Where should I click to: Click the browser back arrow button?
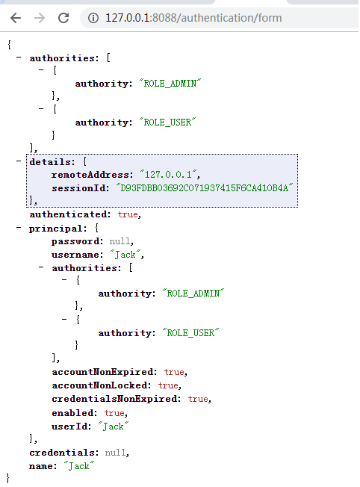pos(16,17)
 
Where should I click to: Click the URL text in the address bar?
pos(193,17)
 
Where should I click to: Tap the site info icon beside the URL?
pos(93,17)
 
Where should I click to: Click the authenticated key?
pos(71,214)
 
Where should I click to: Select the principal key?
pos(55,228)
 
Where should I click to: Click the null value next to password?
pos(120,241)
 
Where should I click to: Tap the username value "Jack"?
pos(126,255)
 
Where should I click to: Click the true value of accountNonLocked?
pos(168,385)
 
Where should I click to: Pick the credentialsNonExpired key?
pos(116,399)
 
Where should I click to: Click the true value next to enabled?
pos(114,412)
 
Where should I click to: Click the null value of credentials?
pos(117,453)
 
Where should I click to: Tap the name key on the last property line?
pos(43,466)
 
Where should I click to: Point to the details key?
pos(50,161)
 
